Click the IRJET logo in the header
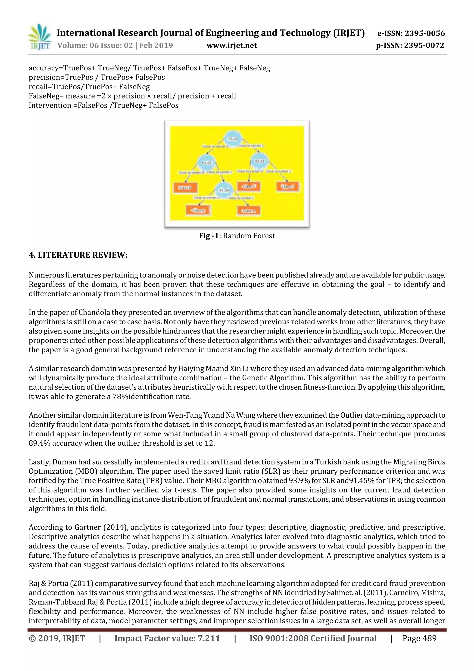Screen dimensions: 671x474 [39, 37]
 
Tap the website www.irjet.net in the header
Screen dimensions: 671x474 [232, 46]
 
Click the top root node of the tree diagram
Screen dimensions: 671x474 [233, 138]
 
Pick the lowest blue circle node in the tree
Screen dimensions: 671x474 [224, 190]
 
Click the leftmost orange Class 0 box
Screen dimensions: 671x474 [185, 188]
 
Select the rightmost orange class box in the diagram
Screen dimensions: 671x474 [287, 186]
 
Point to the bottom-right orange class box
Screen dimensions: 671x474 [249, 210]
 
